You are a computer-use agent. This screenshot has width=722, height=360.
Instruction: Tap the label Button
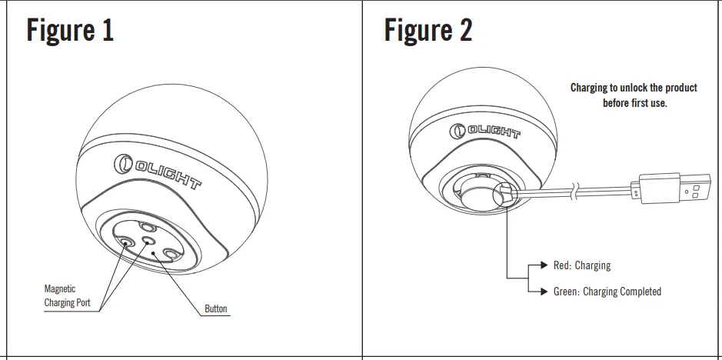click(216, 309)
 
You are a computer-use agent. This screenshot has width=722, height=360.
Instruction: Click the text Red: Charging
click(581, 265)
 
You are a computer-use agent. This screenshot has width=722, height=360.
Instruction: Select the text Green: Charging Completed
click(607, 292)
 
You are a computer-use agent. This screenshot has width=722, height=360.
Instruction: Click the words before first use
click(634, 103)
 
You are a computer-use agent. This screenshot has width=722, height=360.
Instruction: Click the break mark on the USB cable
click(572, 190)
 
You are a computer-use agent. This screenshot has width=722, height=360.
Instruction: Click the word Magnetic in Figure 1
click(60, 289)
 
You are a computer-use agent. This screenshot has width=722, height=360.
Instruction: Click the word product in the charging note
click(680, 88)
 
